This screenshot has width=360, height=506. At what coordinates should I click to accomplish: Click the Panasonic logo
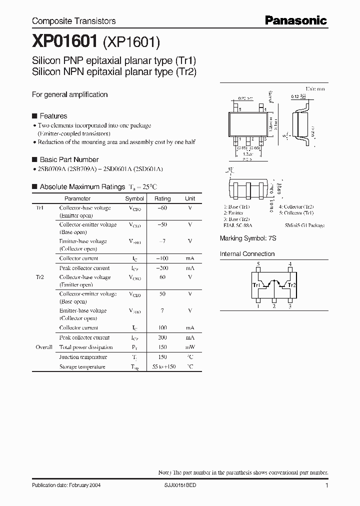point(295,20)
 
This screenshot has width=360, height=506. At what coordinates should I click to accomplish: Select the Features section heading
point(53,116)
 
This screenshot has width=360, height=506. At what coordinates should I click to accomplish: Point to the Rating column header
point(162,198)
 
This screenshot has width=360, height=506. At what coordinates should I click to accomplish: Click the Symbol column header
point(134,198)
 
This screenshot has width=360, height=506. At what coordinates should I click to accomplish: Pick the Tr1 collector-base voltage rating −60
point(162,208)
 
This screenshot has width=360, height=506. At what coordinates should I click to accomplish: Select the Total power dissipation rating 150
point(162,347)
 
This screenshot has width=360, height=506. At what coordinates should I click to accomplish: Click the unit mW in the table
point(190,347)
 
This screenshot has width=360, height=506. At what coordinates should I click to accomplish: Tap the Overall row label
point(44,347)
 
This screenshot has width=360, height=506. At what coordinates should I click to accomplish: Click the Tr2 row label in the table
point(40,277)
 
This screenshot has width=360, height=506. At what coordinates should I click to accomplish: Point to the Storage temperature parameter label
point(82,366)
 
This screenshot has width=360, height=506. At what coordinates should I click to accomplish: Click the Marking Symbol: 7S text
point(248,238)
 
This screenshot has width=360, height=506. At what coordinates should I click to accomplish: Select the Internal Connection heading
point(247,254)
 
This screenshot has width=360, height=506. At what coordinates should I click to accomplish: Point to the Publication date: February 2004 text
point(67,485)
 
